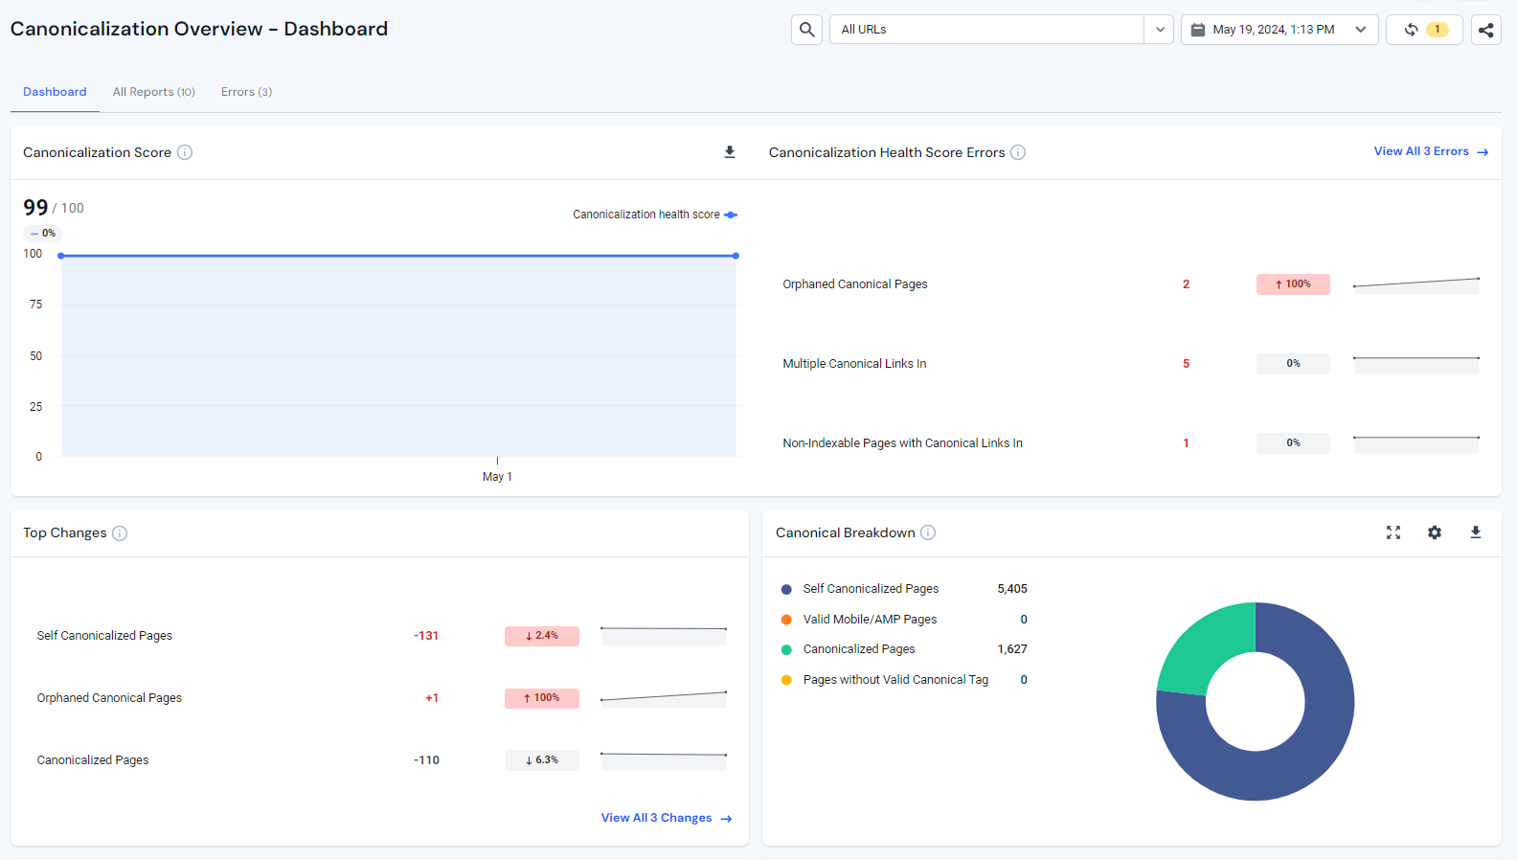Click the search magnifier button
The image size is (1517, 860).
click(806, 30)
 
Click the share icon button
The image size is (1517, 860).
click(1485, 30)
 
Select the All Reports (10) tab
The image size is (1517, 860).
click(153, 92)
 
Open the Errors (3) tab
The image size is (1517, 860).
click(246, 92)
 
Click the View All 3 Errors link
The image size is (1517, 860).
click(1431, 151)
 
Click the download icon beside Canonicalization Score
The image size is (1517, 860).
click(730, 152)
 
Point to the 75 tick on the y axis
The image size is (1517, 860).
click(35, 305)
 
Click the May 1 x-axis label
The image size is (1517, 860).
click(497, 477)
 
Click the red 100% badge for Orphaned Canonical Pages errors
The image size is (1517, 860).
click(1293, 284)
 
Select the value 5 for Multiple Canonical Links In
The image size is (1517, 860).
click(1186, 364)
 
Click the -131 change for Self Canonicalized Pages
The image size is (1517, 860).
click(426, 636)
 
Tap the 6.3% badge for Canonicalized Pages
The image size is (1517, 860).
click(542, 760)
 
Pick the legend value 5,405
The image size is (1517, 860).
click(1011, 589)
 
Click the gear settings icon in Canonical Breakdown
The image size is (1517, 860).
click(1434, 532)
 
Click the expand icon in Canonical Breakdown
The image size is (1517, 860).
click(1393, 532)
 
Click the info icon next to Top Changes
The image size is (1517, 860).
click(120, 533)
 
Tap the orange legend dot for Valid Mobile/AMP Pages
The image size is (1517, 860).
click(786, 620)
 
